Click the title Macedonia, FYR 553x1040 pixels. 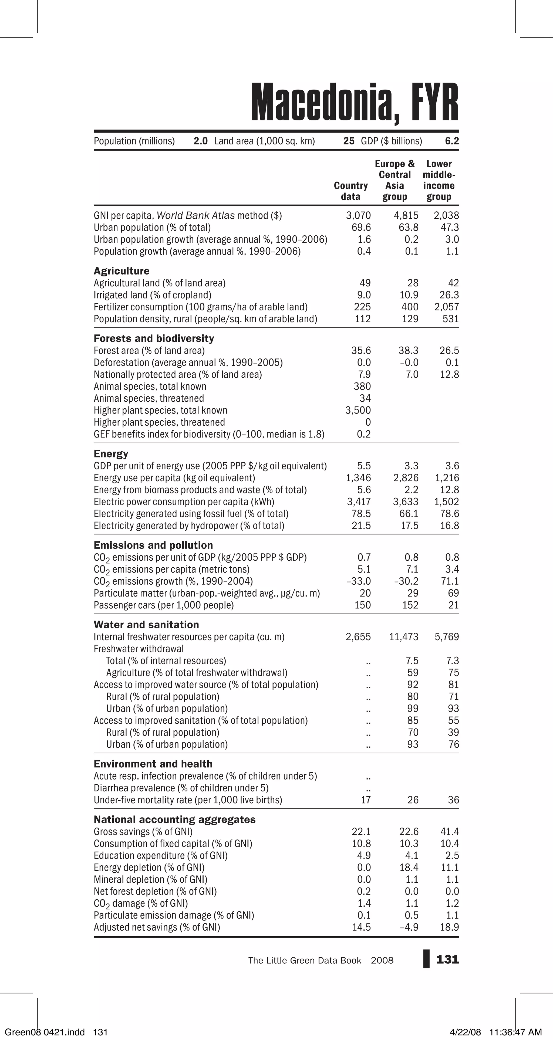[x=354, y=103]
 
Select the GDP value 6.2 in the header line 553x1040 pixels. [x=452, y=141]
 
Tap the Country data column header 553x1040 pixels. [x=351, y=191]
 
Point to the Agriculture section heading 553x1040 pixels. [x=121, y=271]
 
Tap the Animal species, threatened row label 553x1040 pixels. [x=149, y=398]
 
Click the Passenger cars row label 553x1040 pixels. [x=164, y=605]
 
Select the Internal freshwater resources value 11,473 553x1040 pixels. [x=403, y=637]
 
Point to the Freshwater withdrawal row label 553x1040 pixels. [x=139, y=649]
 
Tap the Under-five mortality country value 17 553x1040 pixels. [x=366, y=800]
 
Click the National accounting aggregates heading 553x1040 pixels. [x=174, y=819]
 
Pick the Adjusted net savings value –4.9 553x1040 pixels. [x=409, y=927]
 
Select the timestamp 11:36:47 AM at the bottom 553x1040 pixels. [x=515, y=1032]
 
